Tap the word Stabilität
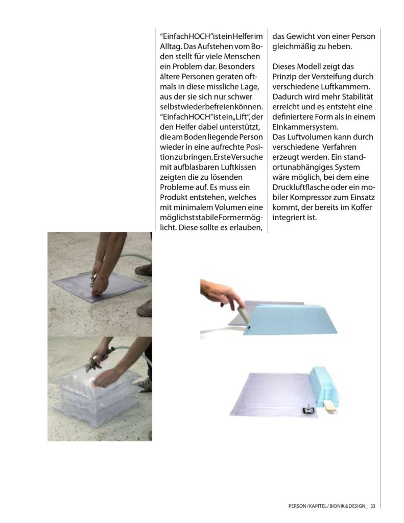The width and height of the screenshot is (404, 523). coord(357,97)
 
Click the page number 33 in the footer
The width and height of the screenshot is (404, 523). coord(373,506)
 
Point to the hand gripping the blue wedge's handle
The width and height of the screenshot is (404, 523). coord(225,294)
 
